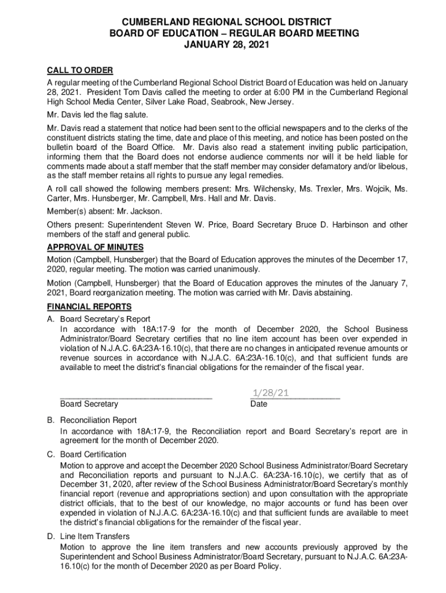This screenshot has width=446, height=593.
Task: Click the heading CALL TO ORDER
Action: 80,71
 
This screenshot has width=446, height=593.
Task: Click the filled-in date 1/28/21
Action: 269,393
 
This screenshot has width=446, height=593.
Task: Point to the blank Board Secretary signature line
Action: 136,397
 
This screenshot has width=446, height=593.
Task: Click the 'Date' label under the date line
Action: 259,404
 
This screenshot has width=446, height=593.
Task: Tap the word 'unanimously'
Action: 235,269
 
